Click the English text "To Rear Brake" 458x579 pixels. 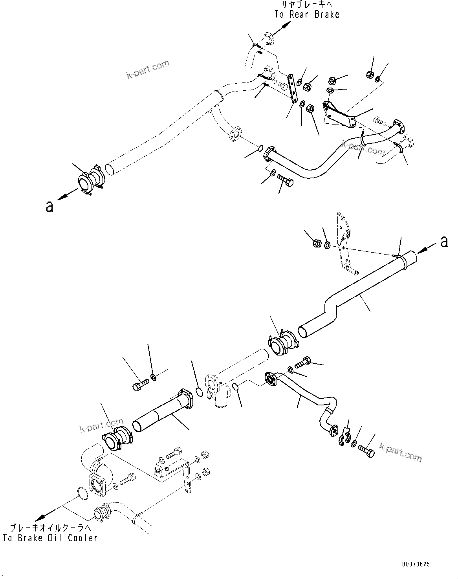[x=306, y=15]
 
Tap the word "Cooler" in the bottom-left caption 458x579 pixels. [x=82, y=538]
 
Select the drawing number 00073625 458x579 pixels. [x=416, y=564]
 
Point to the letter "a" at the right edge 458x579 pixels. [x=444, y=242]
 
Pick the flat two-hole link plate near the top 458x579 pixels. [x=292, y=87]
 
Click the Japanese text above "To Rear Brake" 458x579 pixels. [x=306, y=5]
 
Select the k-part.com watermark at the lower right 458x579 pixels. [x=400, y=453]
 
